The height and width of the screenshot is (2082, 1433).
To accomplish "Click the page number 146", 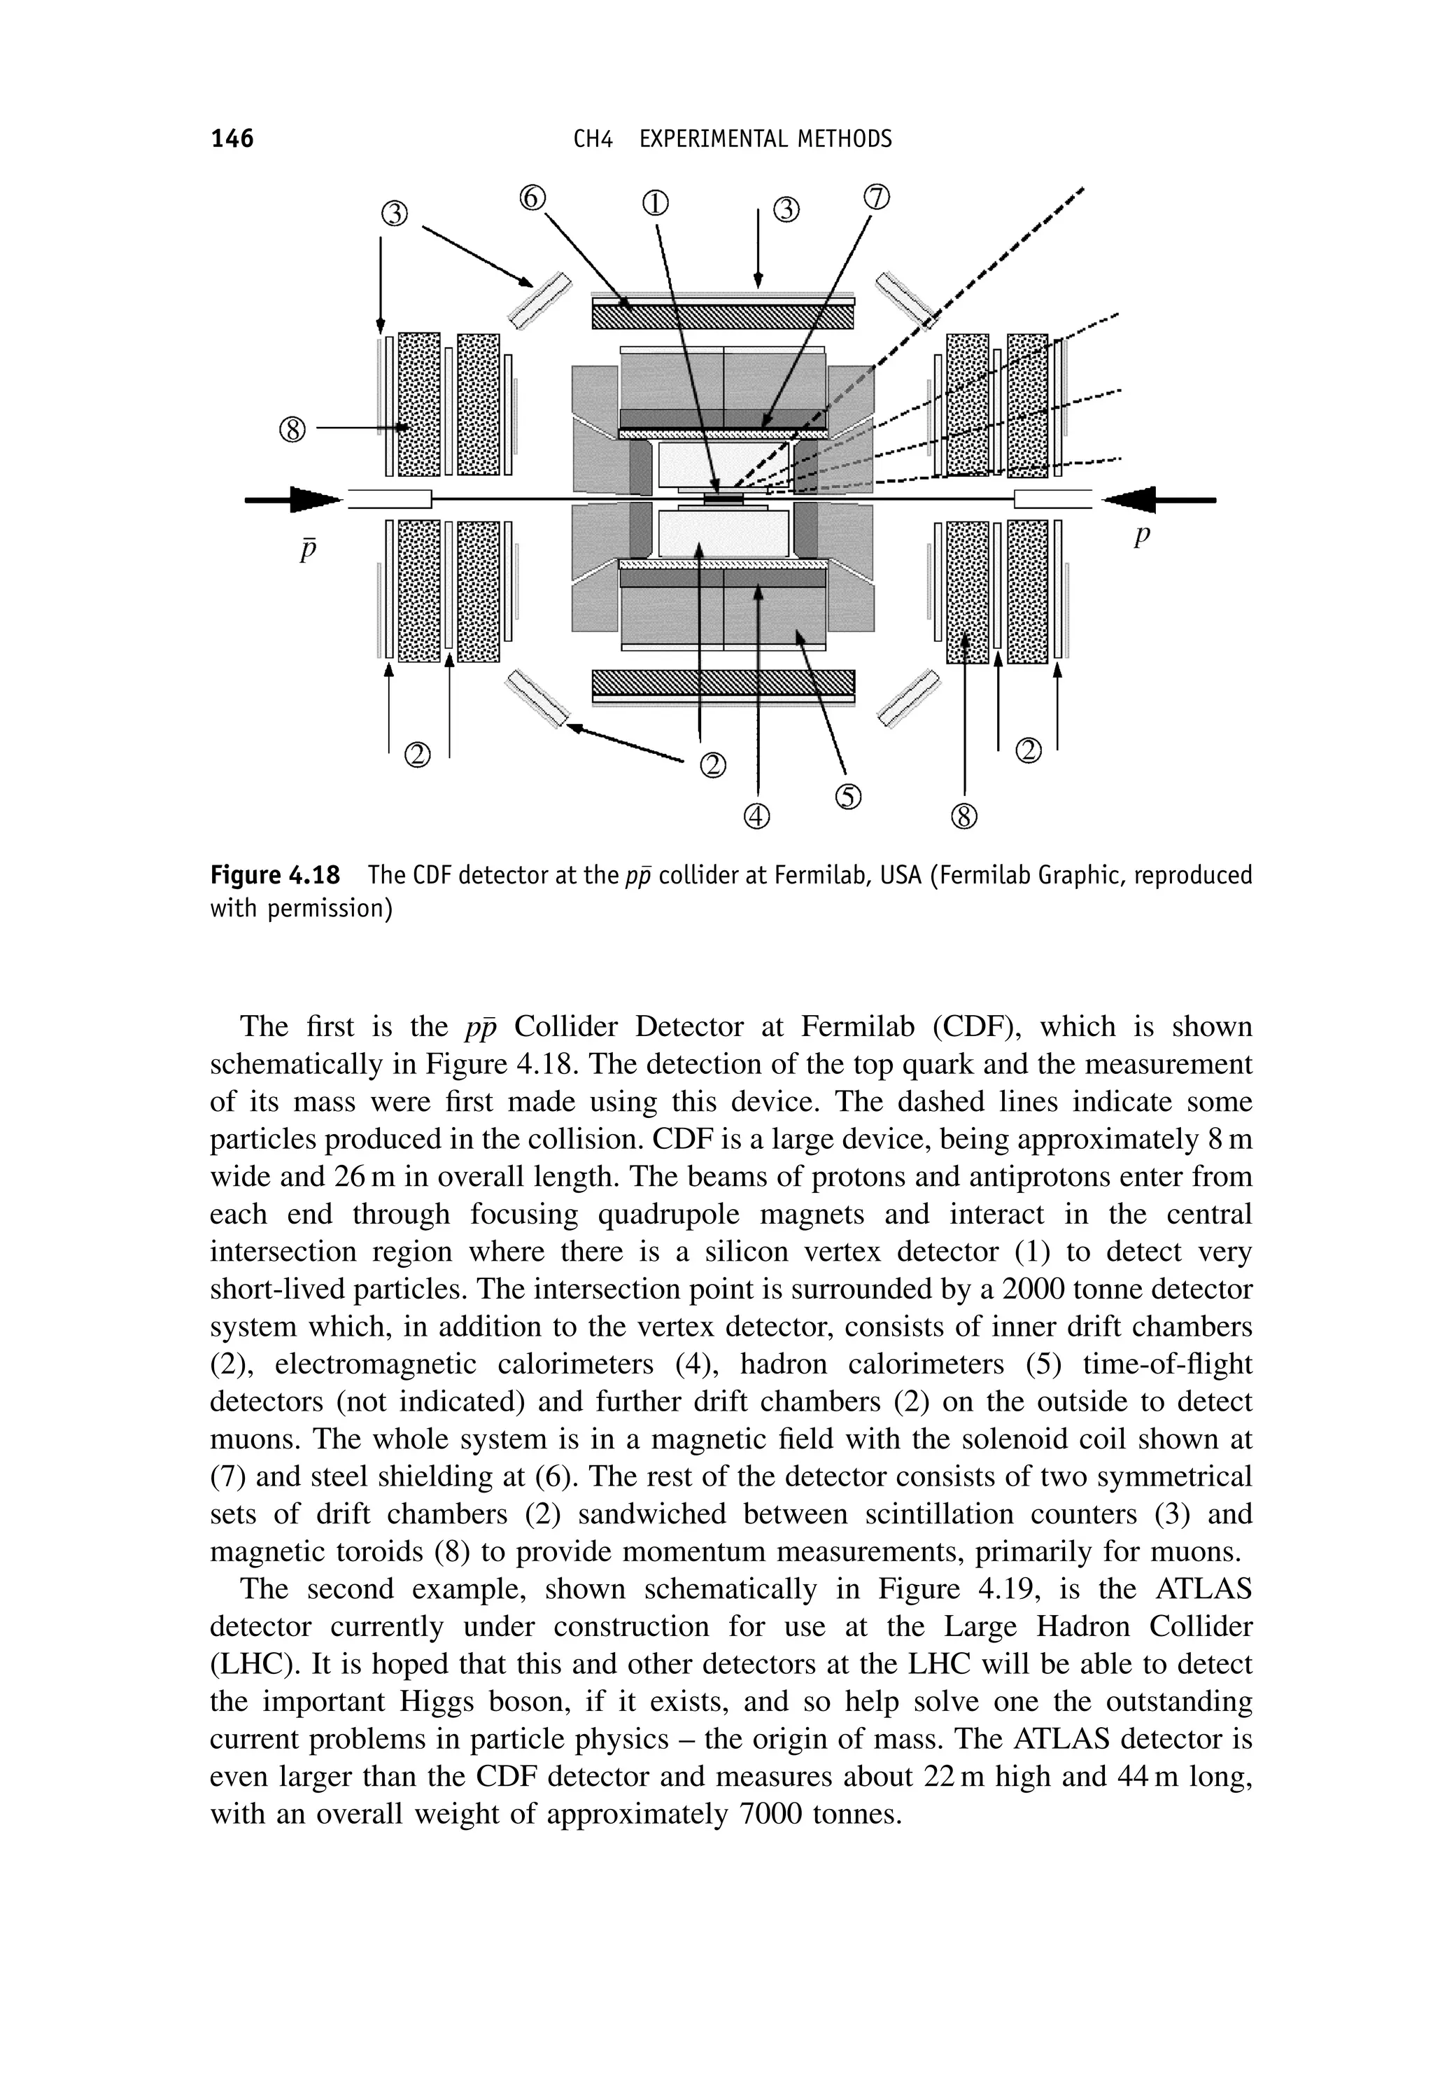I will click(x=232, y=139).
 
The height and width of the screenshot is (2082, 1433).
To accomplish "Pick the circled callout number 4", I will click(x=757, y=816).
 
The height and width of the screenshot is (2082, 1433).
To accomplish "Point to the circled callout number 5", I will click(x=849, y=796).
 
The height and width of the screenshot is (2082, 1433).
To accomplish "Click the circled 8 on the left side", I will click(x=292, y=431).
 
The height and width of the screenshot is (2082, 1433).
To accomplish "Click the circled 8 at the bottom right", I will click(x=963, y=816).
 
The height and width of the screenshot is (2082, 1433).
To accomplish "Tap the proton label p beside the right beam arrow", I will click(x=1141, y=537).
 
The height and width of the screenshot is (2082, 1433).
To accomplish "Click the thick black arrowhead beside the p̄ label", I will click(x=314, y=498).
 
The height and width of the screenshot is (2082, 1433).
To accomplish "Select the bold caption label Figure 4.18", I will click(x=275, y=875).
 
